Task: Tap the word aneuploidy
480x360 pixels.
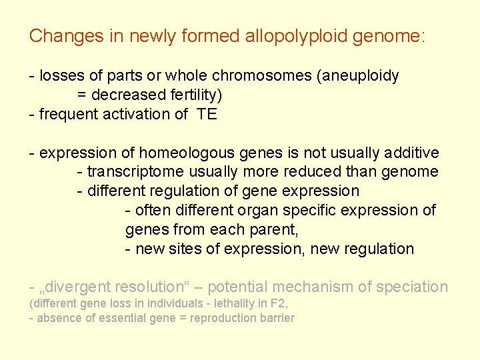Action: (x=361, y=75)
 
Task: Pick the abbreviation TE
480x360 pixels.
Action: (x=207, y=114)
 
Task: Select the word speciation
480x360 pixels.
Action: (x=412, y=287)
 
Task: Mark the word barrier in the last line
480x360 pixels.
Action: (x=275, y=318)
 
